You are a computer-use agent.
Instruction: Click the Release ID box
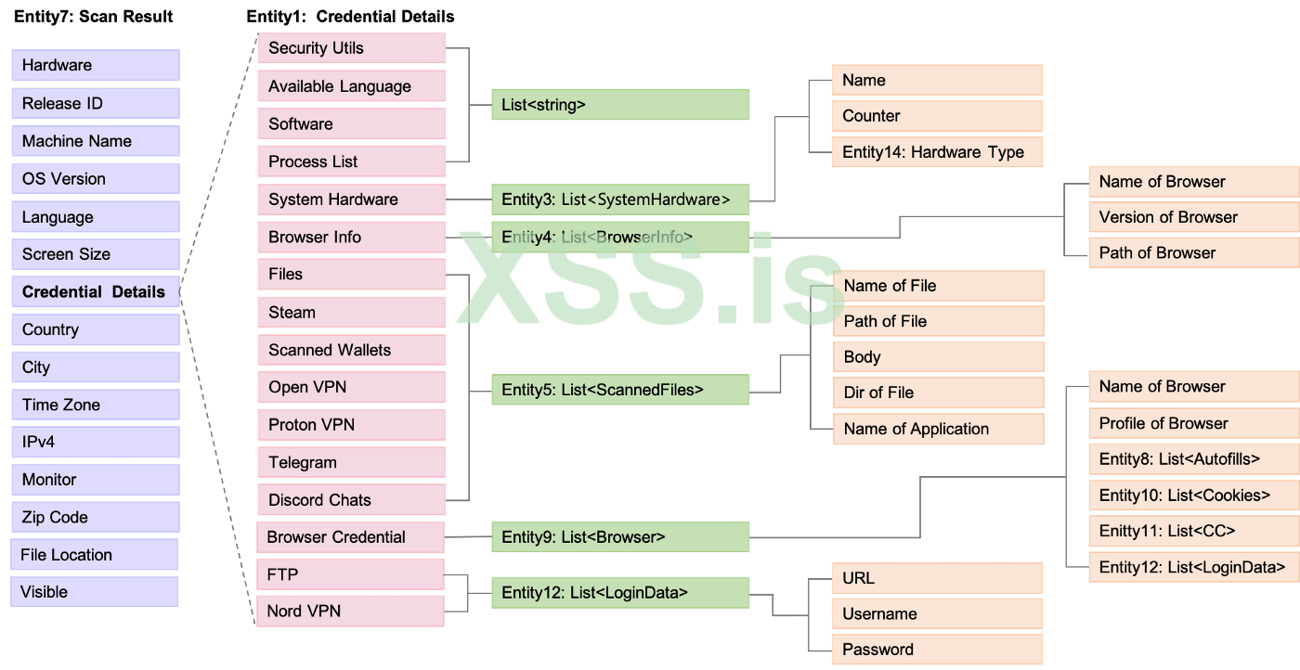[95, 103]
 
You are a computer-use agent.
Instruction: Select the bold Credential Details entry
[95, 291]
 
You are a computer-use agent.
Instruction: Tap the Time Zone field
[95, 405]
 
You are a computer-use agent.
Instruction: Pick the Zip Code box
[95, 517]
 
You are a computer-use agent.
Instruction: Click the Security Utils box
[350, 48]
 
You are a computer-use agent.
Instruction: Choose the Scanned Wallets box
[350, 350]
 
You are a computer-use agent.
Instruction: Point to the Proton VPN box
[350, 425]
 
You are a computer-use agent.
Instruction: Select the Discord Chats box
[350, 500]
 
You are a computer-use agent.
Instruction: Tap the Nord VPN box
[350, 612]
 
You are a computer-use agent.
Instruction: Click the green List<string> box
[619, 105]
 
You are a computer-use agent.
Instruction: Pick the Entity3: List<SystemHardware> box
[619, 199]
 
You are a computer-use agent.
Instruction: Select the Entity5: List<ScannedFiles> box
[619, 390]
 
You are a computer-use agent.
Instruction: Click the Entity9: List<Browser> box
[619, 537]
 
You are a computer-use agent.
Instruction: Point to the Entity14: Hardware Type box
[937, 152]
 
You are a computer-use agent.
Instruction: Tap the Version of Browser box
[1193, 217]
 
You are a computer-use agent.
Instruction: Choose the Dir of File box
[938, 393]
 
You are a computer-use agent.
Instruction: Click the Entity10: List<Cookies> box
[1193, 496]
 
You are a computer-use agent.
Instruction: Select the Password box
[937, 650]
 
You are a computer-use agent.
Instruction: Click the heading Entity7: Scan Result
[94, 17]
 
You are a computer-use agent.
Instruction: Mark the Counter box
[937, 116]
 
